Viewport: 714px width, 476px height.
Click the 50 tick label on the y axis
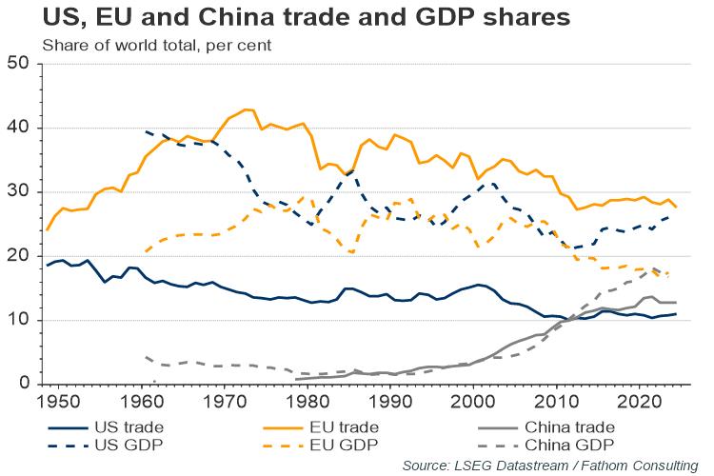click(20, 65)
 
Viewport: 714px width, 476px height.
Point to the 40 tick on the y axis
click(20, 129)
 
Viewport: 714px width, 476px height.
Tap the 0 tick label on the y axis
click(26, 385)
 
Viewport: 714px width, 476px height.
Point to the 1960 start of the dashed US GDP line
click(146, 131)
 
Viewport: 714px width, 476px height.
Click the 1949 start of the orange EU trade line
click(46, 230)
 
